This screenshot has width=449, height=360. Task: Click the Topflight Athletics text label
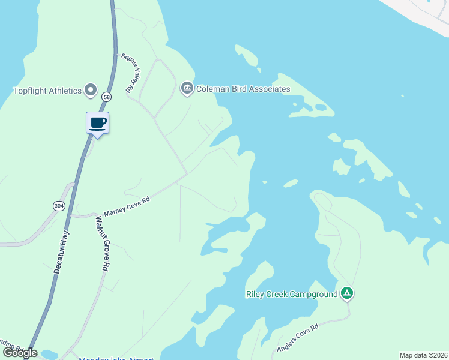(47, 91)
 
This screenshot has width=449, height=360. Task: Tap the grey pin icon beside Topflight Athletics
(91, 91)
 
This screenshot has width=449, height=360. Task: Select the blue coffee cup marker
(98, 124)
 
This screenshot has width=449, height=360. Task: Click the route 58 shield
(106, 96)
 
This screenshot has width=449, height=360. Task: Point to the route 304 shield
(59, 206)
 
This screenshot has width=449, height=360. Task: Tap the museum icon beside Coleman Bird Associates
(187, 89)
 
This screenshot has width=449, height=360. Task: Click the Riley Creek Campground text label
(292, 294)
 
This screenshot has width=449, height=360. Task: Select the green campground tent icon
(346, 293)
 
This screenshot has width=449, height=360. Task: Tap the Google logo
(20, 353)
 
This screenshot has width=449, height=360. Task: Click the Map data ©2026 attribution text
(424, 355)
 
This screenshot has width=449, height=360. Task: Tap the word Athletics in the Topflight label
(65, 91)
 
